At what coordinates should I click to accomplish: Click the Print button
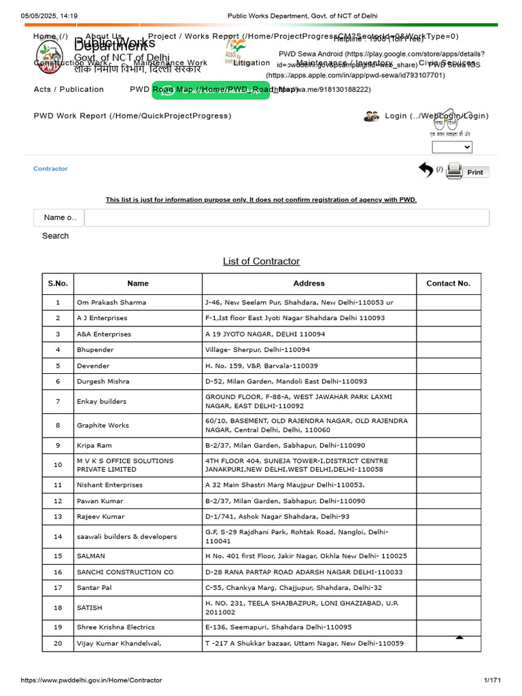475,172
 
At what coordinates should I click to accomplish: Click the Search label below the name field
55,236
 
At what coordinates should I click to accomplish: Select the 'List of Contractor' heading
261,261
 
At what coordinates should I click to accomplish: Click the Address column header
309,283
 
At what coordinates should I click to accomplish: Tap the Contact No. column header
448,283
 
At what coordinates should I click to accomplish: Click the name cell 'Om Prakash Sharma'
111,302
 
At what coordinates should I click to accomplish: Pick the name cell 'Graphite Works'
103,425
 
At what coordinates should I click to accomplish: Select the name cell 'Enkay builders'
101,402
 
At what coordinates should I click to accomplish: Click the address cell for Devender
262,366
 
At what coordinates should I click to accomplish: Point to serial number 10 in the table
58,465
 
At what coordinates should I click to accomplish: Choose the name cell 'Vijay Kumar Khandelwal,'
119,643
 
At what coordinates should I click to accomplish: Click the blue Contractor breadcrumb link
50,169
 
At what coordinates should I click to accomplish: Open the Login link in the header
436,116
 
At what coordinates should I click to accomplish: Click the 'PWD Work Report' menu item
132,116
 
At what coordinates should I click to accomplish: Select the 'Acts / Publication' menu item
69,90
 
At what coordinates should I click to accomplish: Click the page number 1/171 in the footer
491,680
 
